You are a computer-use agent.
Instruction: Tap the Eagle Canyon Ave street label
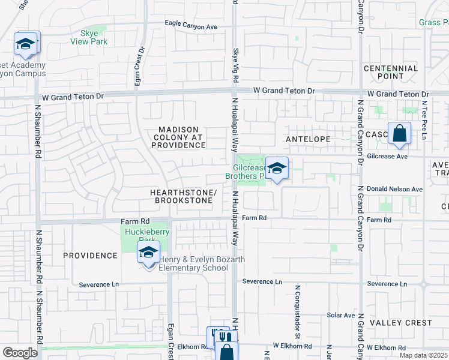191,27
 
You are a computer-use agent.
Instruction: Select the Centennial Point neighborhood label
391,72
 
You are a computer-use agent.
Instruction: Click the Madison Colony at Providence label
182,137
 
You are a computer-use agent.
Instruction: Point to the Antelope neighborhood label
308,139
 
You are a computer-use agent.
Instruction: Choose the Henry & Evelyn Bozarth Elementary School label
193,263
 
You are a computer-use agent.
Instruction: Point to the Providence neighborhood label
91,256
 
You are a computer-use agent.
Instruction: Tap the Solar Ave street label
341,315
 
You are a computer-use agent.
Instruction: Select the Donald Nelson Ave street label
394,189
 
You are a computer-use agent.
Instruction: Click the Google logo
20,353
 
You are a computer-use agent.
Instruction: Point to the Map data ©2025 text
422,355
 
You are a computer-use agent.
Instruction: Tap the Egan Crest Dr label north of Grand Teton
140,67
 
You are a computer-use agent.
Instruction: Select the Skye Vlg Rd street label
236,67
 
